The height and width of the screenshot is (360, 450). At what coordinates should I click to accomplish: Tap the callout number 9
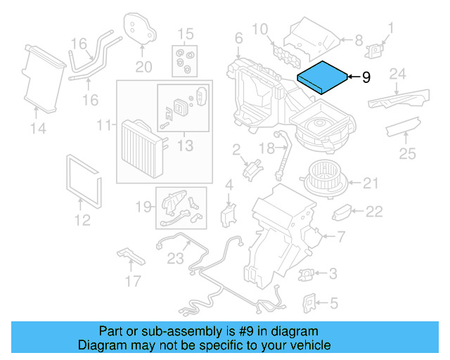click(x=366, y=77)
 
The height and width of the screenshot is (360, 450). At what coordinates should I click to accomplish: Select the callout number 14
click(x=38, y=128)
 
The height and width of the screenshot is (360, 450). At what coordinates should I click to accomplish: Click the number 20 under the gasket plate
click(x=143, y=67)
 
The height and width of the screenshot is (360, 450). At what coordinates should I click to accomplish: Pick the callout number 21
click(x=371, y=184)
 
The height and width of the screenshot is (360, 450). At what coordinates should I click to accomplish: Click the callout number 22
click(x=374, y=212)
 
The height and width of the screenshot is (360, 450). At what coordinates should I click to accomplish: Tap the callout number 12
click(x=82, y=221)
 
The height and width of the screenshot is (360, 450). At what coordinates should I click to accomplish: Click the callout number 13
click(x=184, y=146)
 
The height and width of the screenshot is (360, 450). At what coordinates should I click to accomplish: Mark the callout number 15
click(x=184, y=34)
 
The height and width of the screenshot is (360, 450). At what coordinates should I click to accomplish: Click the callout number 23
click(x=175, y=257)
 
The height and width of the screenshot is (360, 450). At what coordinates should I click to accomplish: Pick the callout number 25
click(x=407, y=153)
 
